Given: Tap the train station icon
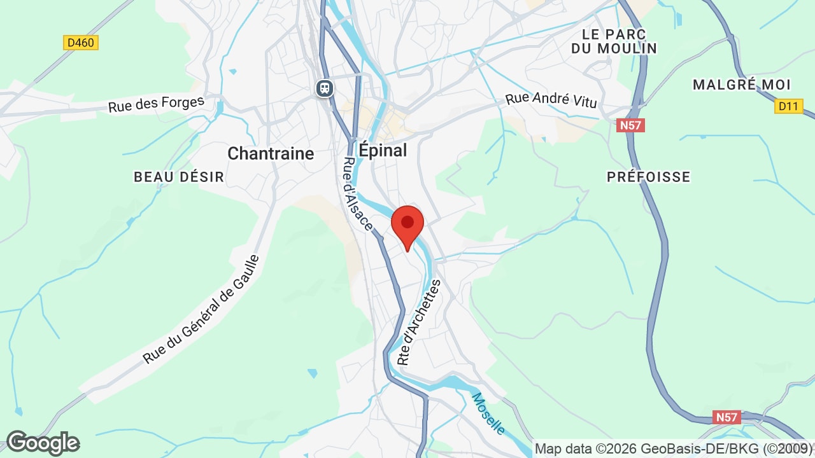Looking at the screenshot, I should click(x=325, y=87).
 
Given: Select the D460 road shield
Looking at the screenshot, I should click(x=81, y=43).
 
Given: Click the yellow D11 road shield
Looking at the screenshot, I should click(x=789, y=106).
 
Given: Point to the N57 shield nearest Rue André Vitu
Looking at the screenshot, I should click(x=630, y=125).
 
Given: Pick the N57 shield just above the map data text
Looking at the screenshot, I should click(x=726, y=417).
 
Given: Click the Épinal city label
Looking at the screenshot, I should click(x=383, y=150).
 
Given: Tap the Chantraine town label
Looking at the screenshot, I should click(x=271, y=153).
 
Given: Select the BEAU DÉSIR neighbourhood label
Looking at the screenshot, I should click(x=179, y=177).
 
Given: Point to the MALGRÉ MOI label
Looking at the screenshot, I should click(x=741, y=85).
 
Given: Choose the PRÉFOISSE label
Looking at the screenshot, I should click(x=648, y=177).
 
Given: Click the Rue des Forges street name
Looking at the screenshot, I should click(x=156, y=104).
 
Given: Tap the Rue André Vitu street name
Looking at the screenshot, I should click(x=551, y=100).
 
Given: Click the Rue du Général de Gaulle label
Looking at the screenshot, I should click(x=201, y=310).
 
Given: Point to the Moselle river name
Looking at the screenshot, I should click(x=488, y=414).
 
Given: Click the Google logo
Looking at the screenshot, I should click(x=43, y=443).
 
